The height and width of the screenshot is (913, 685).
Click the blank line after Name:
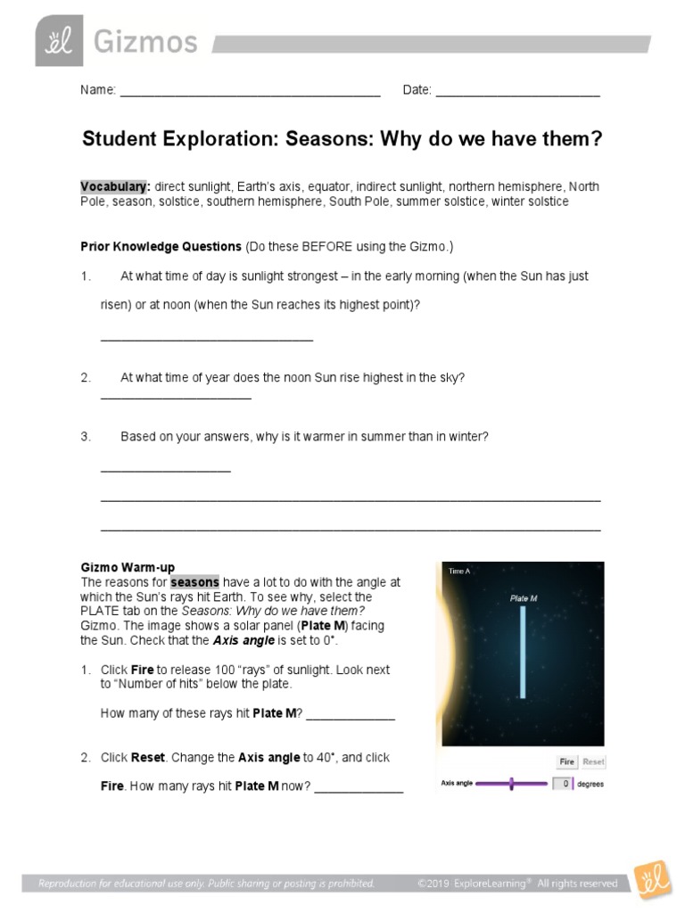click(x=250, y=94)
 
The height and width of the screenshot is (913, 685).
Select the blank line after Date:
click(x=517, y=94)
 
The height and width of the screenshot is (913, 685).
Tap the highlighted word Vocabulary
click(x=114, y=186)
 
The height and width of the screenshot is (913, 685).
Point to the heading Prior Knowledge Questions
click(x=161, y=245)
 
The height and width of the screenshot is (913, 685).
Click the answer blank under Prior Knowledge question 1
click(x=206, y=339)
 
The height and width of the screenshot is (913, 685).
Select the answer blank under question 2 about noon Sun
click(x=176, y=396)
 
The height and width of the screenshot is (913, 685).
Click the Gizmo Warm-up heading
click(x=128, y=567)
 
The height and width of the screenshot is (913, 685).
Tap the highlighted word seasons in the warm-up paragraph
click(x=195, y=582)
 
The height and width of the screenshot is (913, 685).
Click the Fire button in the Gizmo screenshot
click(x=566, y=762)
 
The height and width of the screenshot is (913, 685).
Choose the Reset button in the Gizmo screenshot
click(x=593, y=762)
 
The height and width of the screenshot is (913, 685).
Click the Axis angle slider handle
click(x=511, y=784)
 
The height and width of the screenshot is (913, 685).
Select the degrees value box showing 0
click(x=562, y=784)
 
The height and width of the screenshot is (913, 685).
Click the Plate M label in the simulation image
click(x=524, y=598)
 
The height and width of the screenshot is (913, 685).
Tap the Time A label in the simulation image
click(x=459, y=571)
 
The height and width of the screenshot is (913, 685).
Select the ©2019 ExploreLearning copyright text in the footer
click(x=517, y=884)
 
